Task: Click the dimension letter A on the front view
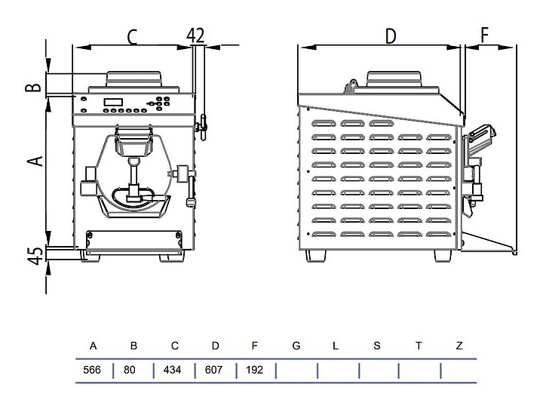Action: tap(34, 161)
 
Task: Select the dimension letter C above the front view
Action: tap(133, 35)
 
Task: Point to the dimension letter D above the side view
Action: tap(390, 35)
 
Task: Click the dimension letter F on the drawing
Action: tap(485, 35)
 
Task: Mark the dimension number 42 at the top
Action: tap(195, 35)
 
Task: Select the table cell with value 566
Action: tap(93, 371)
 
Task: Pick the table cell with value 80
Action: tap(133, 371)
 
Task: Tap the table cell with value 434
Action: tap(174, 371)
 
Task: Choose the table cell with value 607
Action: tap(215, 371)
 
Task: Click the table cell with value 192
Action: tap(256, 371)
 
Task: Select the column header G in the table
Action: tap(296, 346)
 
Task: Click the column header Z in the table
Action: tap(459, 346)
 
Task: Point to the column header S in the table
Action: tap(377, 346)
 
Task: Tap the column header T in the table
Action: tap(419, 346)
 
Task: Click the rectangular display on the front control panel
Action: tap(113, 102)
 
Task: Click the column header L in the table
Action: tap(336, 346)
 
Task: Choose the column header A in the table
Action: tap(93, 346)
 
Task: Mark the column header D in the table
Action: tap(215, 346)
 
